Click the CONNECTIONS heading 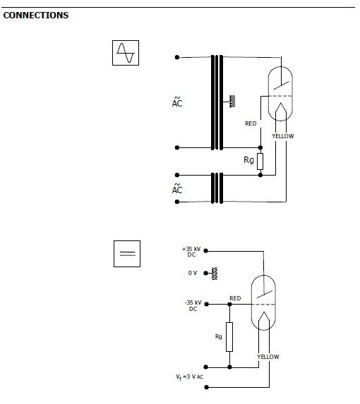click(x=36, y=16)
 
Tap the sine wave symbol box click(x=126, y=53)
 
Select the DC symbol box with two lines click(x=127, y=254)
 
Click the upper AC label click(x=177, y=102)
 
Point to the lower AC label click(x=177, y=189)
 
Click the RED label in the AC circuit click(x=251, y=123)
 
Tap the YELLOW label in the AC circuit click(x=283, y=136)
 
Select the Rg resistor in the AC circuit click(x=260, y=161)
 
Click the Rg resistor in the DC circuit click(x=229, y=337)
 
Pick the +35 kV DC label click(x=191, y=252)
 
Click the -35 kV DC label click(x=193, y=305)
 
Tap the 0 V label click(x=193, y=273)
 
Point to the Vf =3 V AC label click(x=190, y=377)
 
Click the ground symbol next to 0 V click(x=215, y=274)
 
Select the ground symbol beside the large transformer click(x=232, y=102)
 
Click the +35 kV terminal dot click(x=206, y=251)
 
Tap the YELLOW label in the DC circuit click(x=268, y=357)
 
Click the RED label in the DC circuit click(x=235, y=298)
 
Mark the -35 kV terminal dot click(x=206, y=305)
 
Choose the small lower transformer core click(x=217, y=188)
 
